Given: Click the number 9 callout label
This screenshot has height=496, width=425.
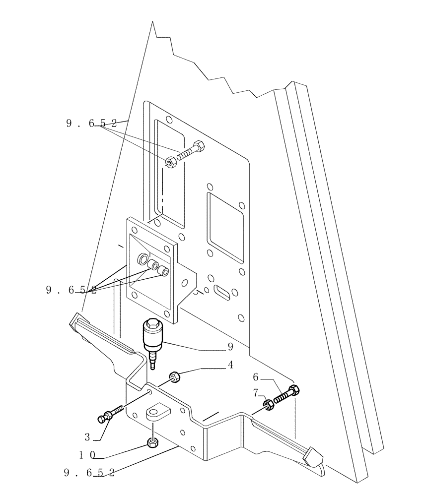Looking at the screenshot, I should coord(230,347).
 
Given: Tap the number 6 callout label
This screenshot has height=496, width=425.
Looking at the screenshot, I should coord(256,377).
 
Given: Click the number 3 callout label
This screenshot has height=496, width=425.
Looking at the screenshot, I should coord(87,437).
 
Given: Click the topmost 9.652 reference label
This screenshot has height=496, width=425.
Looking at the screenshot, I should coord(91,124).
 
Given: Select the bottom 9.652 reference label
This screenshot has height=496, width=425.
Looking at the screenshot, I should coord(89,473).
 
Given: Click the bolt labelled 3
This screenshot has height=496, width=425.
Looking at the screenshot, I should coord(111,414).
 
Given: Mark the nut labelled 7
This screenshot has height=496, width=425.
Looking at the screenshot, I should coord(268,405).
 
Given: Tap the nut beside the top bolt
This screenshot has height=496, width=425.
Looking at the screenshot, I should coord(170,162).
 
